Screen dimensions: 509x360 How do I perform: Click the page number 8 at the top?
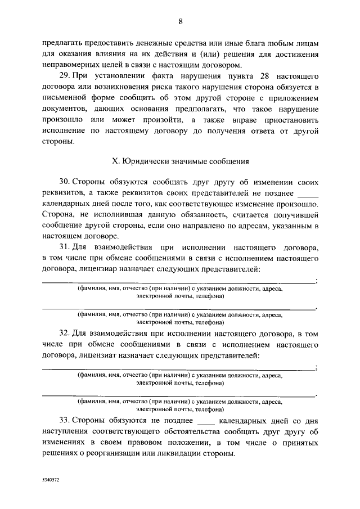(x=180, y=22)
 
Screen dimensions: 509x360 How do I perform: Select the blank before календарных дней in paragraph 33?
(x=207, y=421)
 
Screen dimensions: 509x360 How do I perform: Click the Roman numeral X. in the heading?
(x=116, y=161)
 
